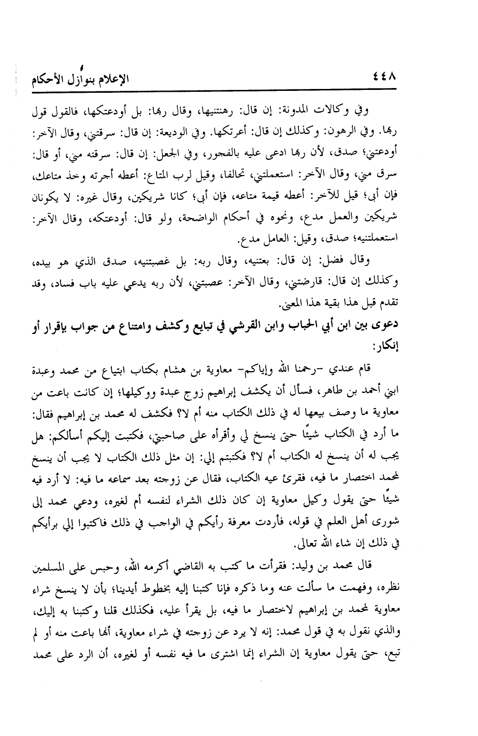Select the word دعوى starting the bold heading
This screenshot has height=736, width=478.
pos(386,324)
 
